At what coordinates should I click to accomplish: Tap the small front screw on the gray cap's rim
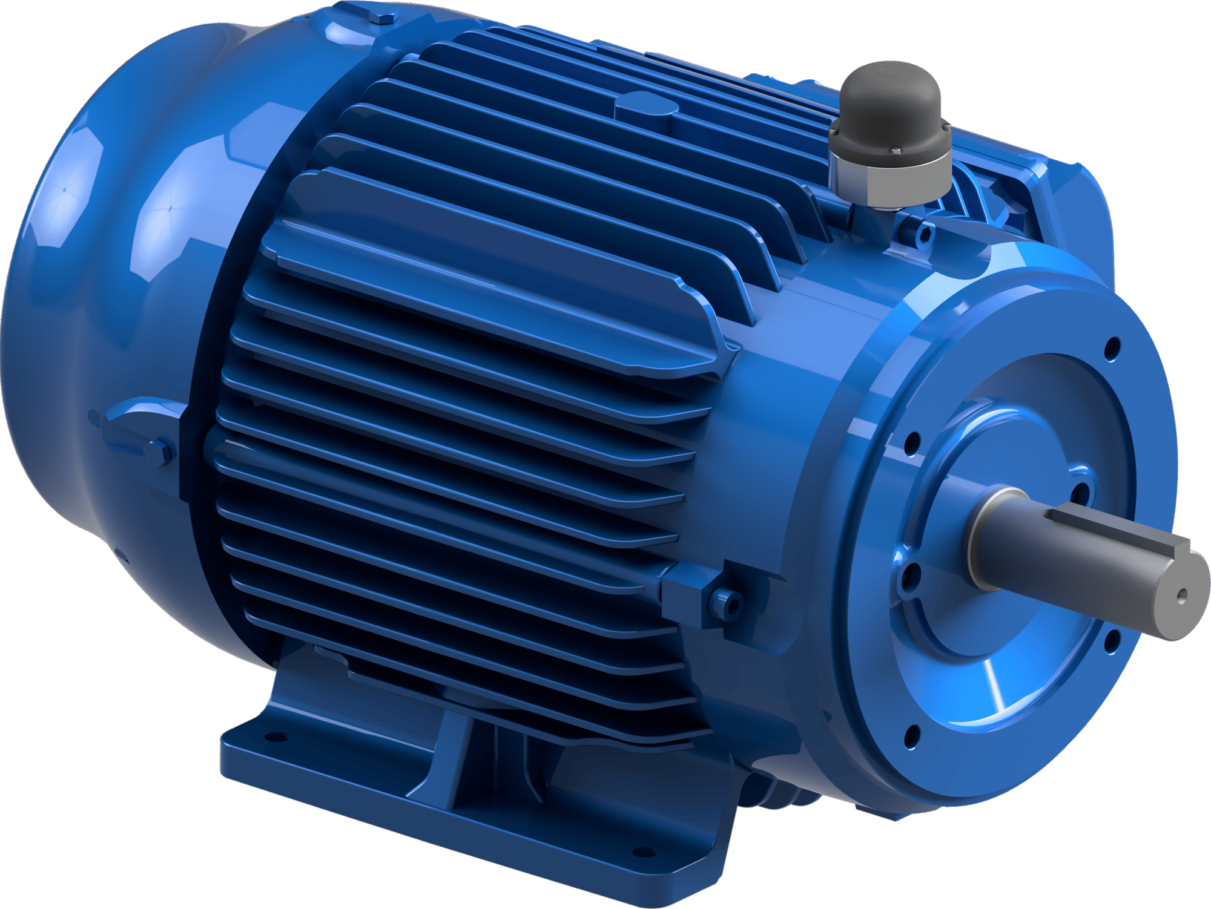coord(895,150)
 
